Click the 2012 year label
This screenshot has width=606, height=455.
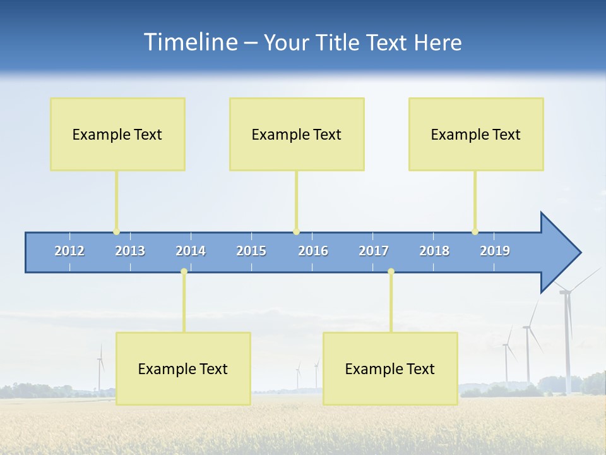[x=69, y=251]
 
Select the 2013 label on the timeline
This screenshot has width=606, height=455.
[x=130, y=251]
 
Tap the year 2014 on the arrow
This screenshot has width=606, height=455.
[x=191, y=251]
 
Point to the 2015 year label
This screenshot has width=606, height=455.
[x=251, y=251]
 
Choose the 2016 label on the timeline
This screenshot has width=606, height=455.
[x=313, y=251]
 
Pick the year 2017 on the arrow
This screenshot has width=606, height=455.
[x=374, y=251]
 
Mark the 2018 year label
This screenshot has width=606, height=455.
[x=434, y=251]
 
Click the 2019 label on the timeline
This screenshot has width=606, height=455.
[x=495, y=251]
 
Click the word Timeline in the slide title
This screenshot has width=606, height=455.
[x=189, y=42]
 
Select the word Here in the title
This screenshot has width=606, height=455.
[x=437, y=43]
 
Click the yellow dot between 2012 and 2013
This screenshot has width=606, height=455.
[x=116, y=232]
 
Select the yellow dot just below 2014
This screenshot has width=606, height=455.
[x=184, y=272]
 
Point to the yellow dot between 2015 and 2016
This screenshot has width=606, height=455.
[x=296, y=232]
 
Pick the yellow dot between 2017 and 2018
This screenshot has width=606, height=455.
[x=391, y=272]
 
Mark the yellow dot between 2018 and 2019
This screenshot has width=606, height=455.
[x=475, y=232]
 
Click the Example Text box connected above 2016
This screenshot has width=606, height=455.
[x=297, y=134]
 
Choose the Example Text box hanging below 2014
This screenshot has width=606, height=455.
[x=183, y=368]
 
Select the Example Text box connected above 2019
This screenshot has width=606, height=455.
[x=476, y=134]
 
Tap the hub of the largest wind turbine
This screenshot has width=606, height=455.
[x=566, y=291]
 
